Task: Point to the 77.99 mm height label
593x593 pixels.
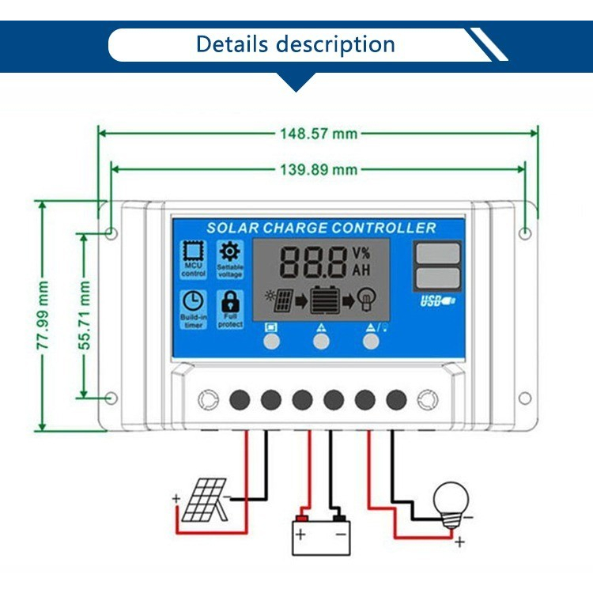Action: (x=45, y=315)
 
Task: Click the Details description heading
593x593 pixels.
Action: (x=295, y=43)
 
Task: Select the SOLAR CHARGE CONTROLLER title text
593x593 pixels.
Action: (x=321, y=228)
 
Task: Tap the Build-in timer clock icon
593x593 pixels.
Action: (x=192, y=301)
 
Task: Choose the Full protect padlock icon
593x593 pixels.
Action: (x=230, y=301)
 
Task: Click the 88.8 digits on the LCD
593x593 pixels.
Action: (x=314, y=262)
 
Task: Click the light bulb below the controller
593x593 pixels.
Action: (x=451, y=502)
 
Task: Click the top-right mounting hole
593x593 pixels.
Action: (x=526, y=232)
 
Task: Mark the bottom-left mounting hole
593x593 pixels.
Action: (x=111, y=398)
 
